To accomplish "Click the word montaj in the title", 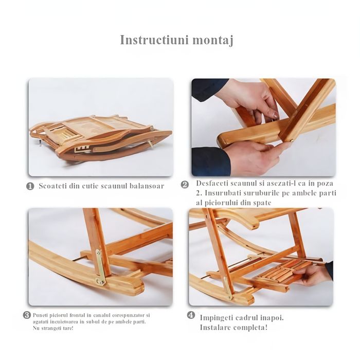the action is tap(213, 41).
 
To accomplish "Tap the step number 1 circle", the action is tap(30, 186).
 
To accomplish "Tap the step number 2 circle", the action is tap(185, 185).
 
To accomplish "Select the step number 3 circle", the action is tap(27, 315).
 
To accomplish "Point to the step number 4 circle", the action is tap(191, 315).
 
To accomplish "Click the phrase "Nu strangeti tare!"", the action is tap(53, 328).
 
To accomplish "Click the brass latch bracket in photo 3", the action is tap(100, 267).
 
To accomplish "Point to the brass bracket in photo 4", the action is tap(228, 287).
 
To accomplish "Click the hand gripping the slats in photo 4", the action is tap(313, 275).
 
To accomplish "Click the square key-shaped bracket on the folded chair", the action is tap(82, 149).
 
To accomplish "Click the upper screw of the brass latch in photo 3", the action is tap(99, 253).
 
